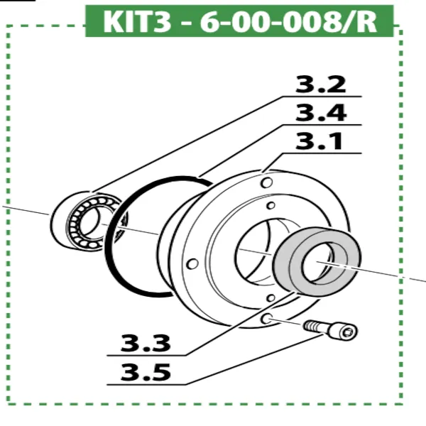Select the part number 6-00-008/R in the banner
click(288, 21)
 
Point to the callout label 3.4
click(320, 113)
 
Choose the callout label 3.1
click(320, 142)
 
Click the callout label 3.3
click(146, 344)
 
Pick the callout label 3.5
click(146, 371)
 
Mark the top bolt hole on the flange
click(266, 183)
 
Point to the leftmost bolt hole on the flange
click(191, 264)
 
